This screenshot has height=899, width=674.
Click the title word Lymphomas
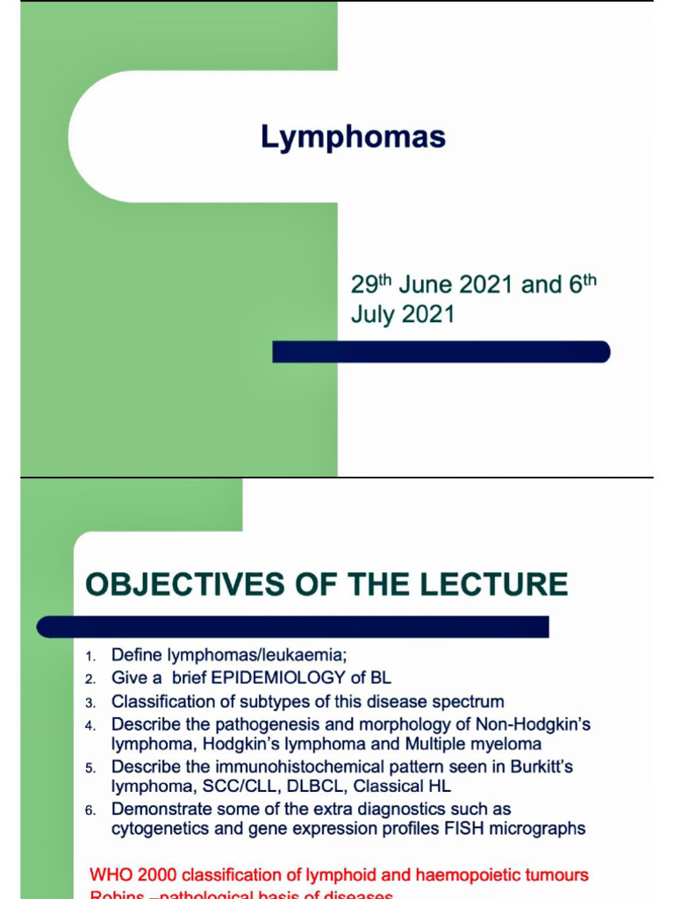353,137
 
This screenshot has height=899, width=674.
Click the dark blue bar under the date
441,352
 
